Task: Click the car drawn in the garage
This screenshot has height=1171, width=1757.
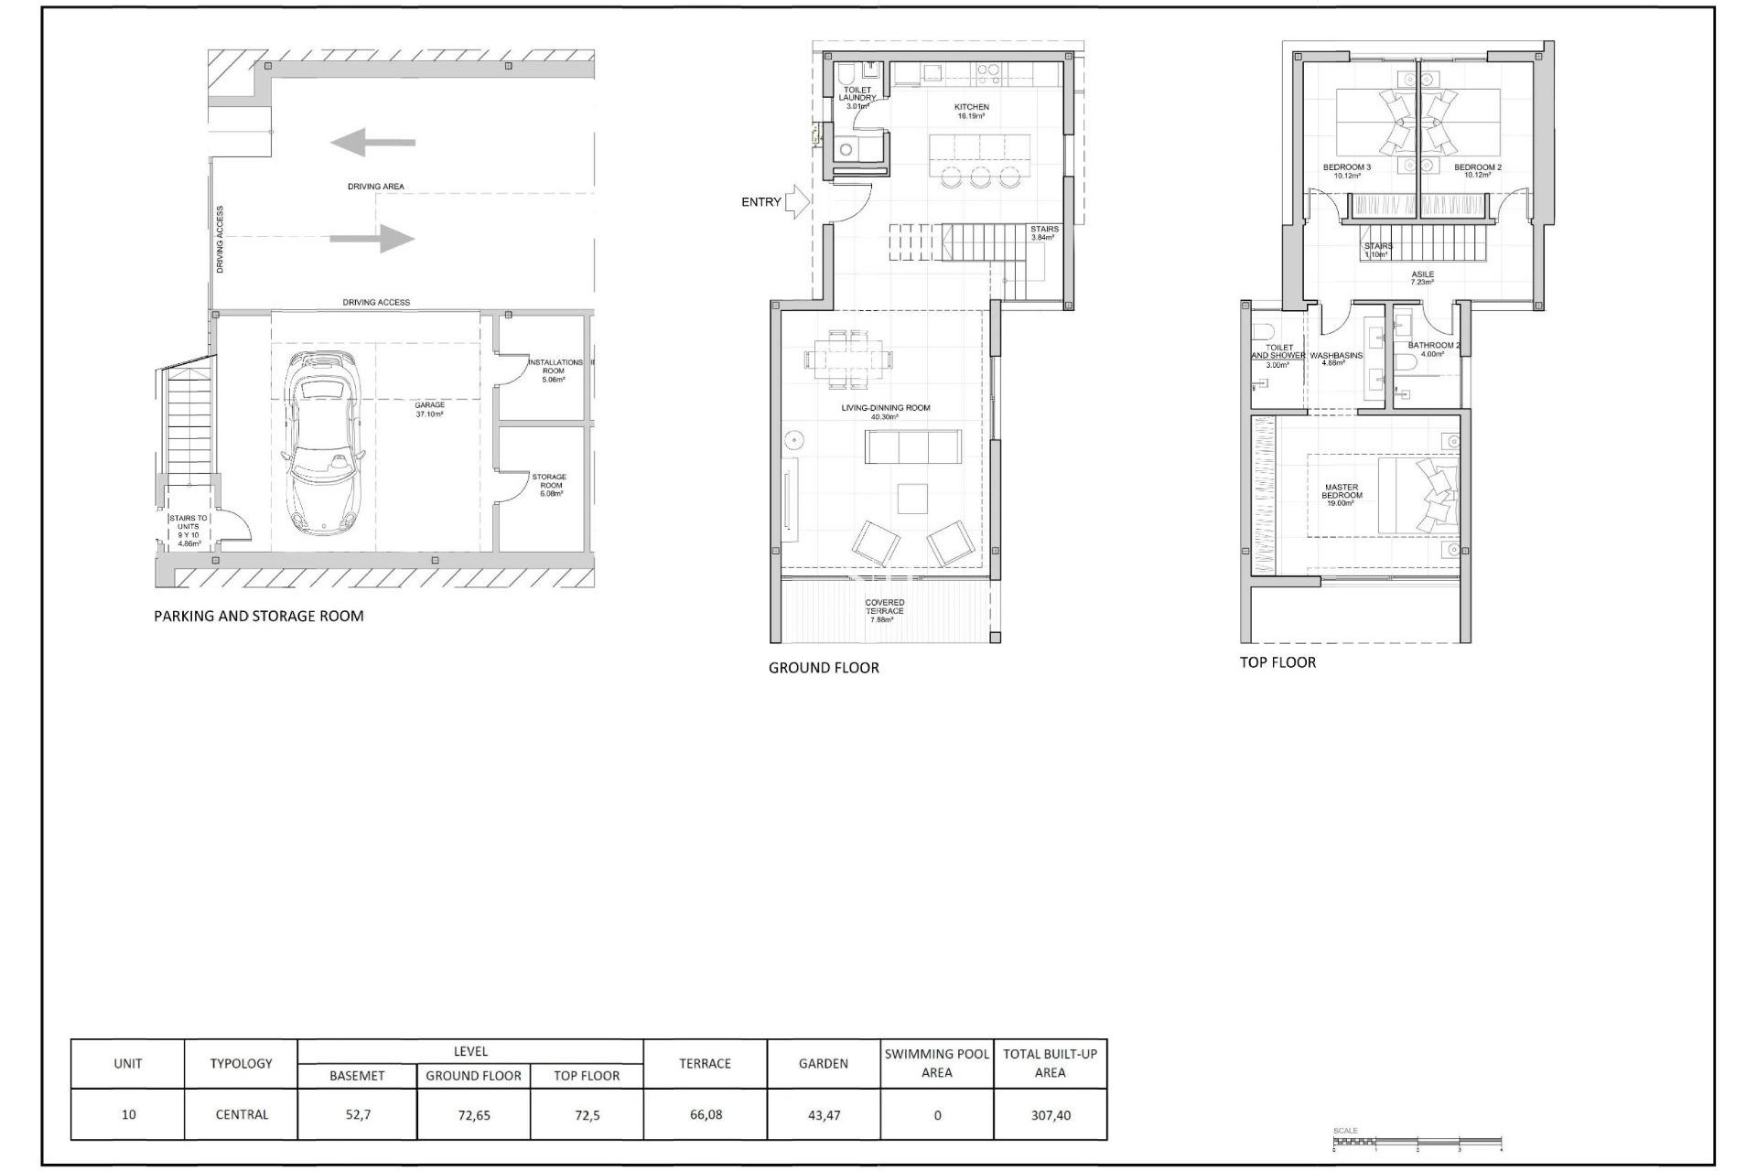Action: pyautogui.click(x=324, y=444)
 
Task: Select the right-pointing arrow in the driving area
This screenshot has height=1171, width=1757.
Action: pyautogui.click(x=372, y=239)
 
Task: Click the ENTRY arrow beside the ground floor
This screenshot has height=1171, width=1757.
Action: pyautogui.click(x=798, y=201)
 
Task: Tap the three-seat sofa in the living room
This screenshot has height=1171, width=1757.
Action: pyautogui.click(x=912, y=446)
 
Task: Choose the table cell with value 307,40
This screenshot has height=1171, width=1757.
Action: pyautogui.click(x=1050, y=1114)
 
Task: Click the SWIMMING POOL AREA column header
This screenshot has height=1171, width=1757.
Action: pyautogui.click(x=936, y=1063)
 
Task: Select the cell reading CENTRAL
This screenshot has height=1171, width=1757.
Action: pyautogui.click(x=242, y=1114)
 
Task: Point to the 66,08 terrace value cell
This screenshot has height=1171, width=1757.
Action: pyautogui.click(x=705, y=1114)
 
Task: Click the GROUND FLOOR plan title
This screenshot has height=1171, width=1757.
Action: pyautogui.click(x=824, y=668)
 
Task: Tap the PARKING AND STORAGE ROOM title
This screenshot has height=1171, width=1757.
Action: pyautogui.click(x=259, y=616)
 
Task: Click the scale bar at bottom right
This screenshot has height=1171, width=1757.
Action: pyautogui.click(x=1417, y=1142)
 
